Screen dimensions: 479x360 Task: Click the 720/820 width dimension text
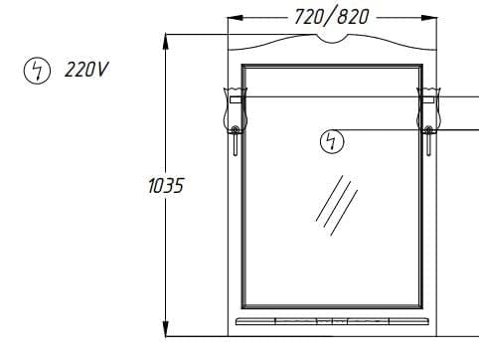332,17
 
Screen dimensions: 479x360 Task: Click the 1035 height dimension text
166,186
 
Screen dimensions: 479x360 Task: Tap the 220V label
86,70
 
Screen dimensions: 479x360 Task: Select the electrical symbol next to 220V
37,71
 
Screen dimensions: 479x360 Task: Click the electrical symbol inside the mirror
332,141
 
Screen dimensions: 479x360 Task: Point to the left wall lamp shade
236,109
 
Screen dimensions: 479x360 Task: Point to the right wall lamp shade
428,109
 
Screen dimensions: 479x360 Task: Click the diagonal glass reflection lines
337,206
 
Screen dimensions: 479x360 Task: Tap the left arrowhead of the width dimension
236,18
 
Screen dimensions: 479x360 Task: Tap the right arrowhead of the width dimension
429,18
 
